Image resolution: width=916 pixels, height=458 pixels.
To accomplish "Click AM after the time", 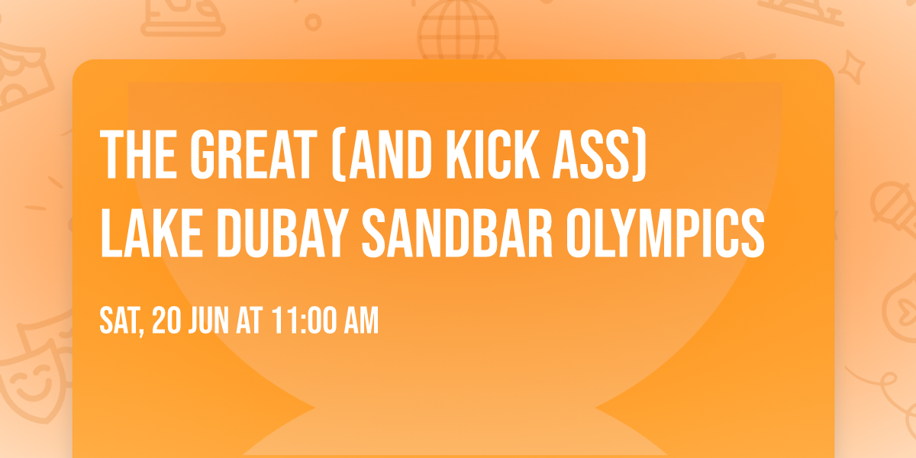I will click(x=360, y=321).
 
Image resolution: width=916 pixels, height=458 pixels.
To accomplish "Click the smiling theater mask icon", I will click(x=31, y=382).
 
